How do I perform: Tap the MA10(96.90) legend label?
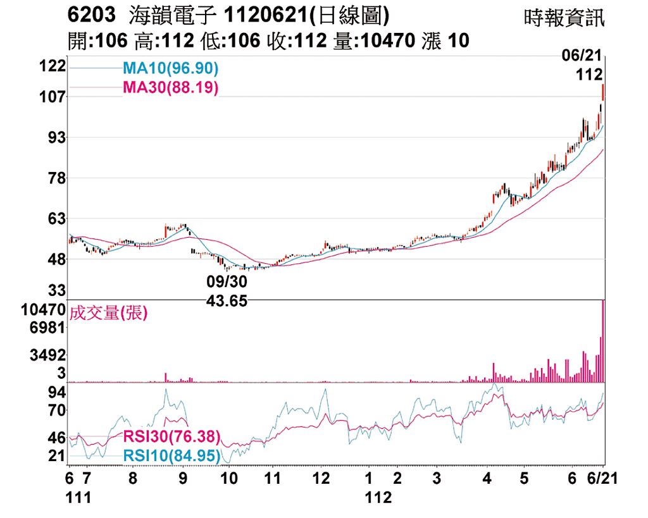pos(170,68)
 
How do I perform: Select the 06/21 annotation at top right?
pos(580,56)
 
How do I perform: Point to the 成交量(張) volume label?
pos(108,312)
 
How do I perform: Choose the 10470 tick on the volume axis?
pos(43,310)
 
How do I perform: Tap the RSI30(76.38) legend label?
pos(171,436)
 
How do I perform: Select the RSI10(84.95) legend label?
pos(171,455)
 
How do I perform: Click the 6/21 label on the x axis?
pos(601,479)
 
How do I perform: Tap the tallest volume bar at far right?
pos(603,342)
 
